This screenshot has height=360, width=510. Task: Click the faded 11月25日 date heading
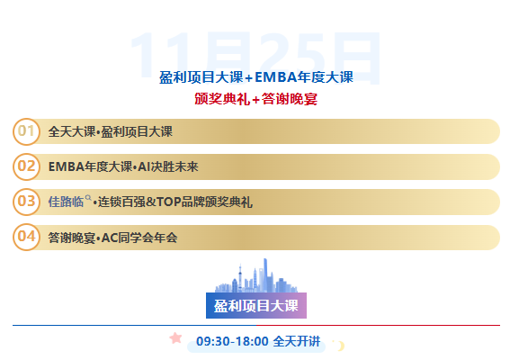255,56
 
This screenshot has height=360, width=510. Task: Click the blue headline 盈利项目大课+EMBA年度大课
255,77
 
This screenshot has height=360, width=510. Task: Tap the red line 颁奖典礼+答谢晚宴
255,99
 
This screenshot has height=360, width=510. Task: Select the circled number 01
27,131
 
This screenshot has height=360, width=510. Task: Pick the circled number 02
27,166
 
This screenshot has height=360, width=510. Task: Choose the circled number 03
27,202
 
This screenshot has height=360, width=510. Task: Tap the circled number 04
27,237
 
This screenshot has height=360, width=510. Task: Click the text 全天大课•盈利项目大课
111,132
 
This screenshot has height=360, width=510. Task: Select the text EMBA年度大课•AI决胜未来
123,167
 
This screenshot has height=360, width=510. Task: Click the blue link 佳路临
65,202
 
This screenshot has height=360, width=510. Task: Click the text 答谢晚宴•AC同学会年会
113,238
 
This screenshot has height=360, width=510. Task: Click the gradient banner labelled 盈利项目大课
255,305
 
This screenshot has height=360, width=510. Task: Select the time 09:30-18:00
232,341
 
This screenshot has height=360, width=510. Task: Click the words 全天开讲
296,341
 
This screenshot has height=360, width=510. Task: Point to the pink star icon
175,338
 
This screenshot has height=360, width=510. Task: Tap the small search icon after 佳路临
87,197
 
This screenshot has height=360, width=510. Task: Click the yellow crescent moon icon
340,345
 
